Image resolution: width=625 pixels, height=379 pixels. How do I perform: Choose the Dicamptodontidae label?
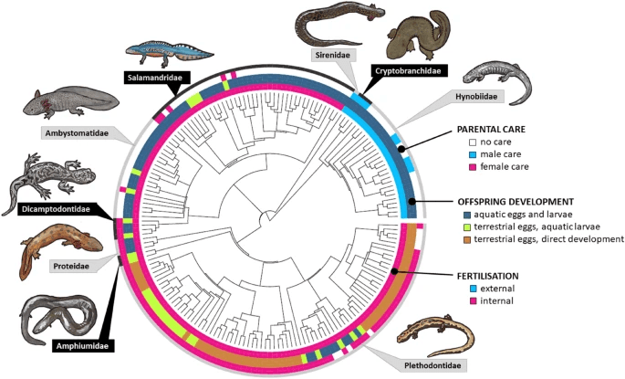tap(62, 209)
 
